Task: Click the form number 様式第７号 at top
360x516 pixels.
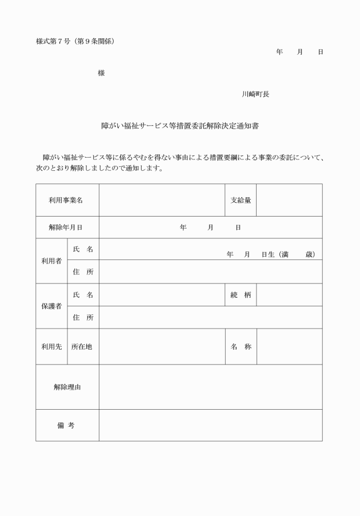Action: pos(53,41)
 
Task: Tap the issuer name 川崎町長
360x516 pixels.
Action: pos(255,94)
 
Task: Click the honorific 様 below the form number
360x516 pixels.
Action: pos(101,73)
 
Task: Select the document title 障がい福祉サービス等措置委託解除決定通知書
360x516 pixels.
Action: pos(180,126)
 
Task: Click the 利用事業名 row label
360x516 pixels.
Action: pos(66,200)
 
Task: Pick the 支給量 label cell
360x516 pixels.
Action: pos(241,200)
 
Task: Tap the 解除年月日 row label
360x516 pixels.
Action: pos(66,227)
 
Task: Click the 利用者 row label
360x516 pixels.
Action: pos(51,261)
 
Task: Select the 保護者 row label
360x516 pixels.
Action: pos(51,306)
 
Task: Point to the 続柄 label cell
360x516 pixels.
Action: pos(241,295)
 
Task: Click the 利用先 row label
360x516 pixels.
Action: pos(51,346)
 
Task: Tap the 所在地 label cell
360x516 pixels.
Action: pos(82,346)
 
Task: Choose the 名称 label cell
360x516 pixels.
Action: pos(241,346)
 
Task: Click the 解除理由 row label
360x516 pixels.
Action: pos(66,387)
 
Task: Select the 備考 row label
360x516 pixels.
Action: pos(66,425)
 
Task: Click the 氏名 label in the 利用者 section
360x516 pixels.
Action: pos(83,249)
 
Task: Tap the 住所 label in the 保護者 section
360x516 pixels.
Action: pos(83,317)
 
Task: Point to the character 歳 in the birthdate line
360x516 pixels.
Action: pos(309,254)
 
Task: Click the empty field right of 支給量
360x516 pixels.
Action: pos(289,200)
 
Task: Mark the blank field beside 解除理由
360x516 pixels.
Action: pos(210,387)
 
